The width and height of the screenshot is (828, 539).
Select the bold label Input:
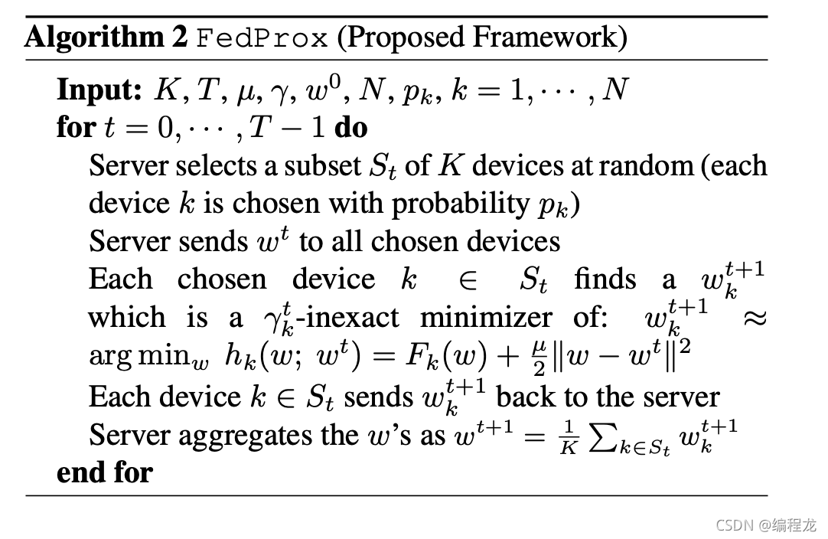coord(99,90)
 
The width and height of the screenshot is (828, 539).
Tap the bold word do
coord(351,127)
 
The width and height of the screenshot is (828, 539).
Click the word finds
coord(605,279)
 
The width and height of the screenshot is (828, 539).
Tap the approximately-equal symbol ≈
coord(753,317)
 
